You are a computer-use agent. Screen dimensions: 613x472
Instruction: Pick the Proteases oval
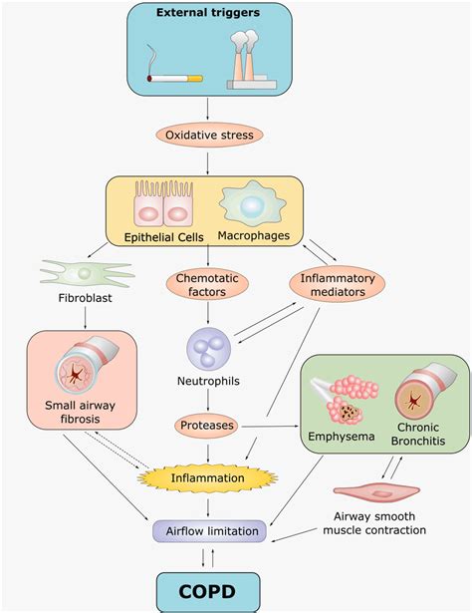(209, 426)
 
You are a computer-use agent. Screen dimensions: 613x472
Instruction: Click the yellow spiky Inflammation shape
(209, 478)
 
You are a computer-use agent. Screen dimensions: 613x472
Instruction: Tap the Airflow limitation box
(209, 531)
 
